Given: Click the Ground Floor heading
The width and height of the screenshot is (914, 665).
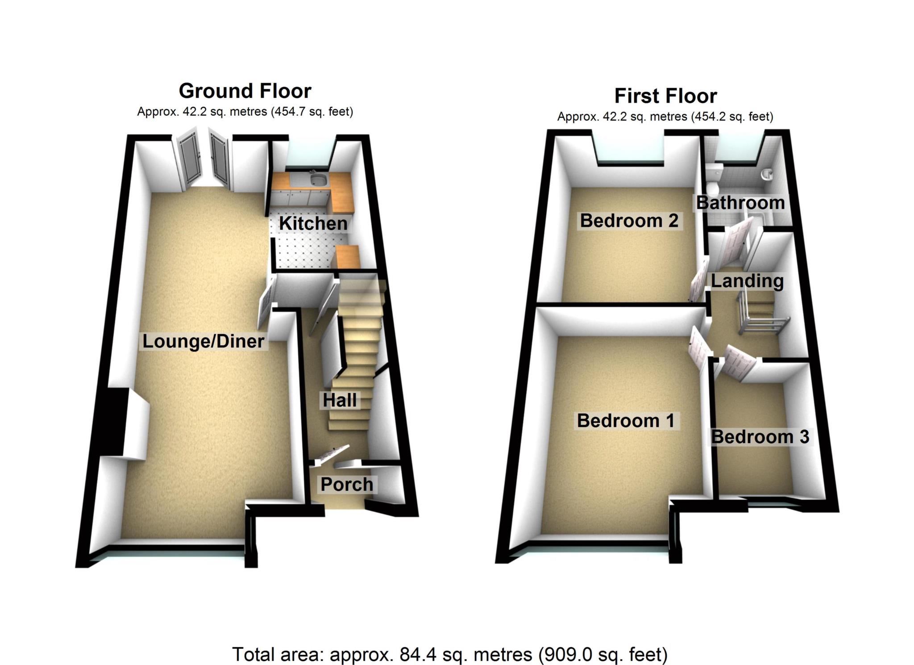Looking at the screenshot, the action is pos(245,91).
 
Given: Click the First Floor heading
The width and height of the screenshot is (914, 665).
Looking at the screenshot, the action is pos(665,96).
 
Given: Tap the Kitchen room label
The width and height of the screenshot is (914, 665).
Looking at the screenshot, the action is pos(313,223).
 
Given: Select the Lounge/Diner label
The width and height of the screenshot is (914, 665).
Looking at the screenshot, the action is pos(204,341).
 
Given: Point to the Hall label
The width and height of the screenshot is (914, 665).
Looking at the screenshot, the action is pos(340,400).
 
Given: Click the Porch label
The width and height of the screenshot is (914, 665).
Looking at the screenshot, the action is pos(347,484).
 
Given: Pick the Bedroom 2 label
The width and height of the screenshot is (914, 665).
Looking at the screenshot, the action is pos(629,221).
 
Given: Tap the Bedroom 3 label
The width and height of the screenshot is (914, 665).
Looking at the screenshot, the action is pos(760,437).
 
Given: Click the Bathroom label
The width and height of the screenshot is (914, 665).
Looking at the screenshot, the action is pos(740,203).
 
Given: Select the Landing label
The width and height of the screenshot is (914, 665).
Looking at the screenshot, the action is pos(747,281).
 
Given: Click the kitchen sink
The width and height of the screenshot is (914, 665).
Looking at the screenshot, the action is pos(318,180).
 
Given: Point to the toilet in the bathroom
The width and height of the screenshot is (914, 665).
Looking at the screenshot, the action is pos(713,176).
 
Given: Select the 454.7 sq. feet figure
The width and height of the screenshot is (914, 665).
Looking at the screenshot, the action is pos(312,112).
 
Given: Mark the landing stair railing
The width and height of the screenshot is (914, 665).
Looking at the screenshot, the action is pos(759,319).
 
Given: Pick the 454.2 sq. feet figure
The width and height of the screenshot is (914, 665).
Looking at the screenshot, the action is pos(732,117).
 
